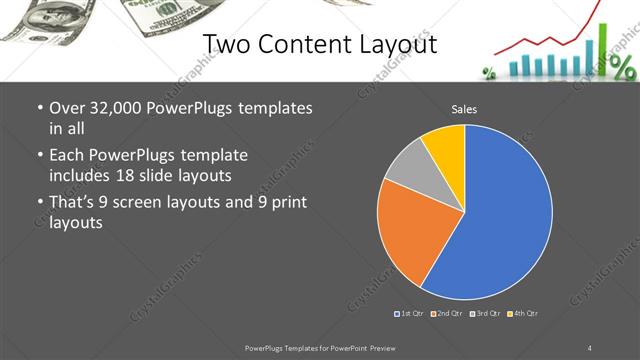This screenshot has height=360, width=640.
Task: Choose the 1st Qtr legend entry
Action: (x=411, y=314)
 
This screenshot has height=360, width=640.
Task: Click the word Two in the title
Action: (x=229, y=44)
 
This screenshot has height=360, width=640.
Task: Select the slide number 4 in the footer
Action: (x=590, y=347)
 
